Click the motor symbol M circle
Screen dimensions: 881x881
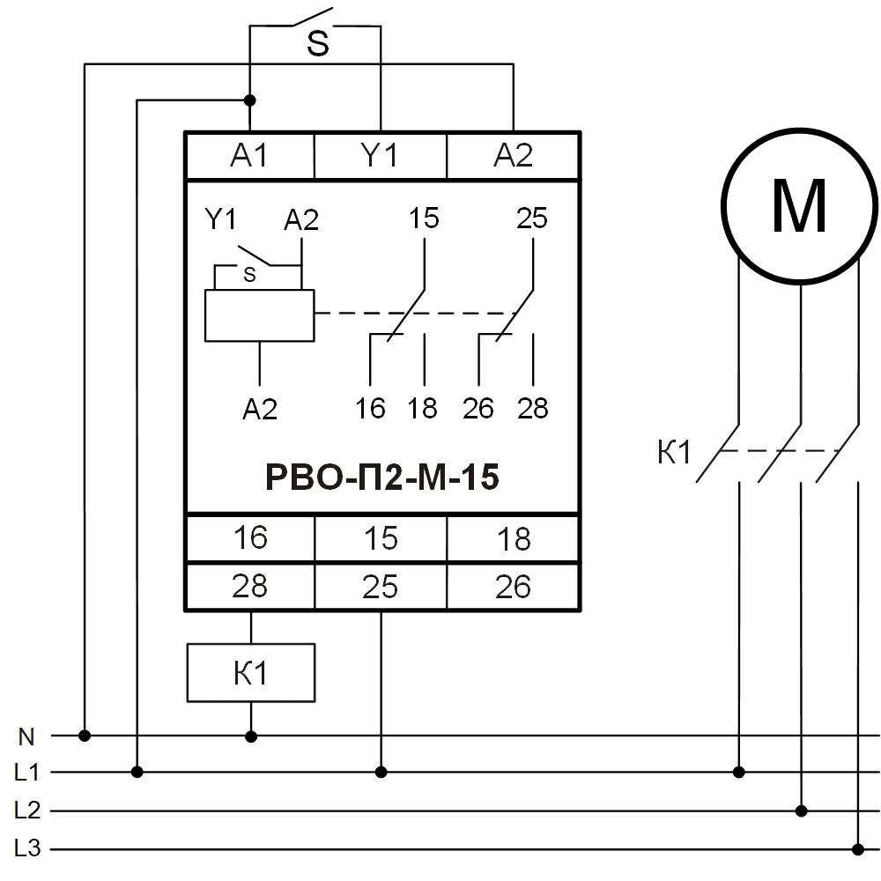click(800, 207)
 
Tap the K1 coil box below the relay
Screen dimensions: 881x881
click(251, 673)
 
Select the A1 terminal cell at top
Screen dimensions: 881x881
click(249, 156)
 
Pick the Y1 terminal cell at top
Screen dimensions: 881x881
click(381, 156)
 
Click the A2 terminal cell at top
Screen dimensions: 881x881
click(513, 156)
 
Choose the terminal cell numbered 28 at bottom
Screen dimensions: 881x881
click(250, 586)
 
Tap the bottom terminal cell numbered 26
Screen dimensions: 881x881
click(513, 586)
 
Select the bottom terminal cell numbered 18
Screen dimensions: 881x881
click(513, 537)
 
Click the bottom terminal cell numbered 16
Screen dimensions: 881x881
click(250, 537)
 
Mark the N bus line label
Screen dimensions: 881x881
click(26, 735)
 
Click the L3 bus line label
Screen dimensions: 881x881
click(27, 849)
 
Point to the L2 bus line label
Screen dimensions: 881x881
click(27, 811)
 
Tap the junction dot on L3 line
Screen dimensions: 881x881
click(858, 849)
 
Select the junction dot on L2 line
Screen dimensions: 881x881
click(801, 811)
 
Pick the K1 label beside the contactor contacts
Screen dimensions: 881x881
click(674, 453)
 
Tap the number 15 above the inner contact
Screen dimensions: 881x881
click(424, 218)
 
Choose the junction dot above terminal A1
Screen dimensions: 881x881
click(250, 100)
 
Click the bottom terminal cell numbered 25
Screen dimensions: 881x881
click(381, 586)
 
